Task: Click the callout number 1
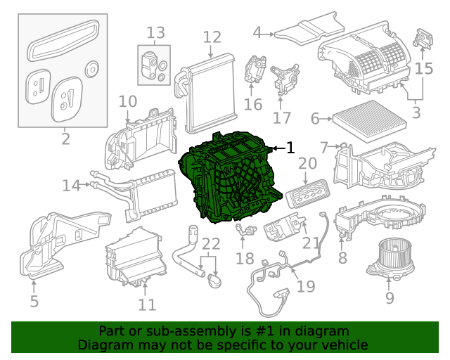click(x=290, y=148)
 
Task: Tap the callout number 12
click(x=212, y=37)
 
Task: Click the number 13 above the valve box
click(x=155, y=32)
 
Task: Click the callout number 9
click(x=390, y=298)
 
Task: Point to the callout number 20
click(x=307, y=164)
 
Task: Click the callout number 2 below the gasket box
click(x=65, y=139)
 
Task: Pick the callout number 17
click(x=282, y=117)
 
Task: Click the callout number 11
click(x=146, y=304)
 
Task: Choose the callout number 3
click(x=416, y=111)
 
